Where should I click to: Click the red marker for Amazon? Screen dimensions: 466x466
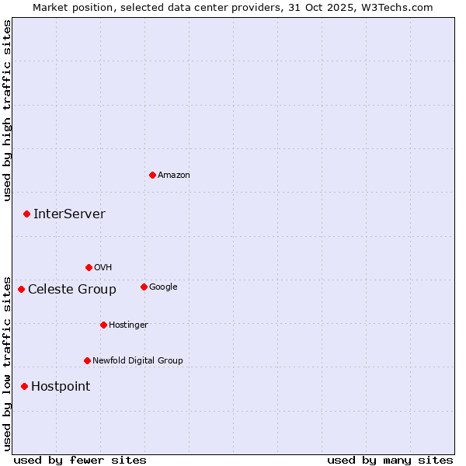[152, 175]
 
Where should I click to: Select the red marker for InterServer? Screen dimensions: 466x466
[26, 214]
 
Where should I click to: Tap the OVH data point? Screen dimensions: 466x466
[89, 267]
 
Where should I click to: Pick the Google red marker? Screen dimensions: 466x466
[144, 287]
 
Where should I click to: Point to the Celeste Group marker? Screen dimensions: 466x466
[21, 289]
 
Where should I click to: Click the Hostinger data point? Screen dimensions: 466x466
[103, 325]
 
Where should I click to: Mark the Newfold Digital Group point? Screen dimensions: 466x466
[87, 360]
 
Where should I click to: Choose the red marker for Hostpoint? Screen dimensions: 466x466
[24, 386]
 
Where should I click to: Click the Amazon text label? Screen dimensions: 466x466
[173, 175]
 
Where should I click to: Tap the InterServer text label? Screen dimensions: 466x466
[69, 214]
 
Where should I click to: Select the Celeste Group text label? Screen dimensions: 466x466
[72, 289]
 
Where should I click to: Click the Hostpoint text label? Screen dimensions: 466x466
[61, 386]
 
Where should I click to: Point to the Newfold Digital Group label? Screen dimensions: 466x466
[137, 360]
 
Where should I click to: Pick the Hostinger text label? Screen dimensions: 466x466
[128, 325]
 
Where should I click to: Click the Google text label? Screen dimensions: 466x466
[163, 287]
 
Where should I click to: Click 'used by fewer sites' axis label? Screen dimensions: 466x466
[80, 460]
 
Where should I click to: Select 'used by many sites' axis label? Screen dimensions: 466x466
[390, 460]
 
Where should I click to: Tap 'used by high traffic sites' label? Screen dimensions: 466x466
[7, 110]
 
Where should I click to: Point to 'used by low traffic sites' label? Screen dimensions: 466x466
[7, 363]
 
